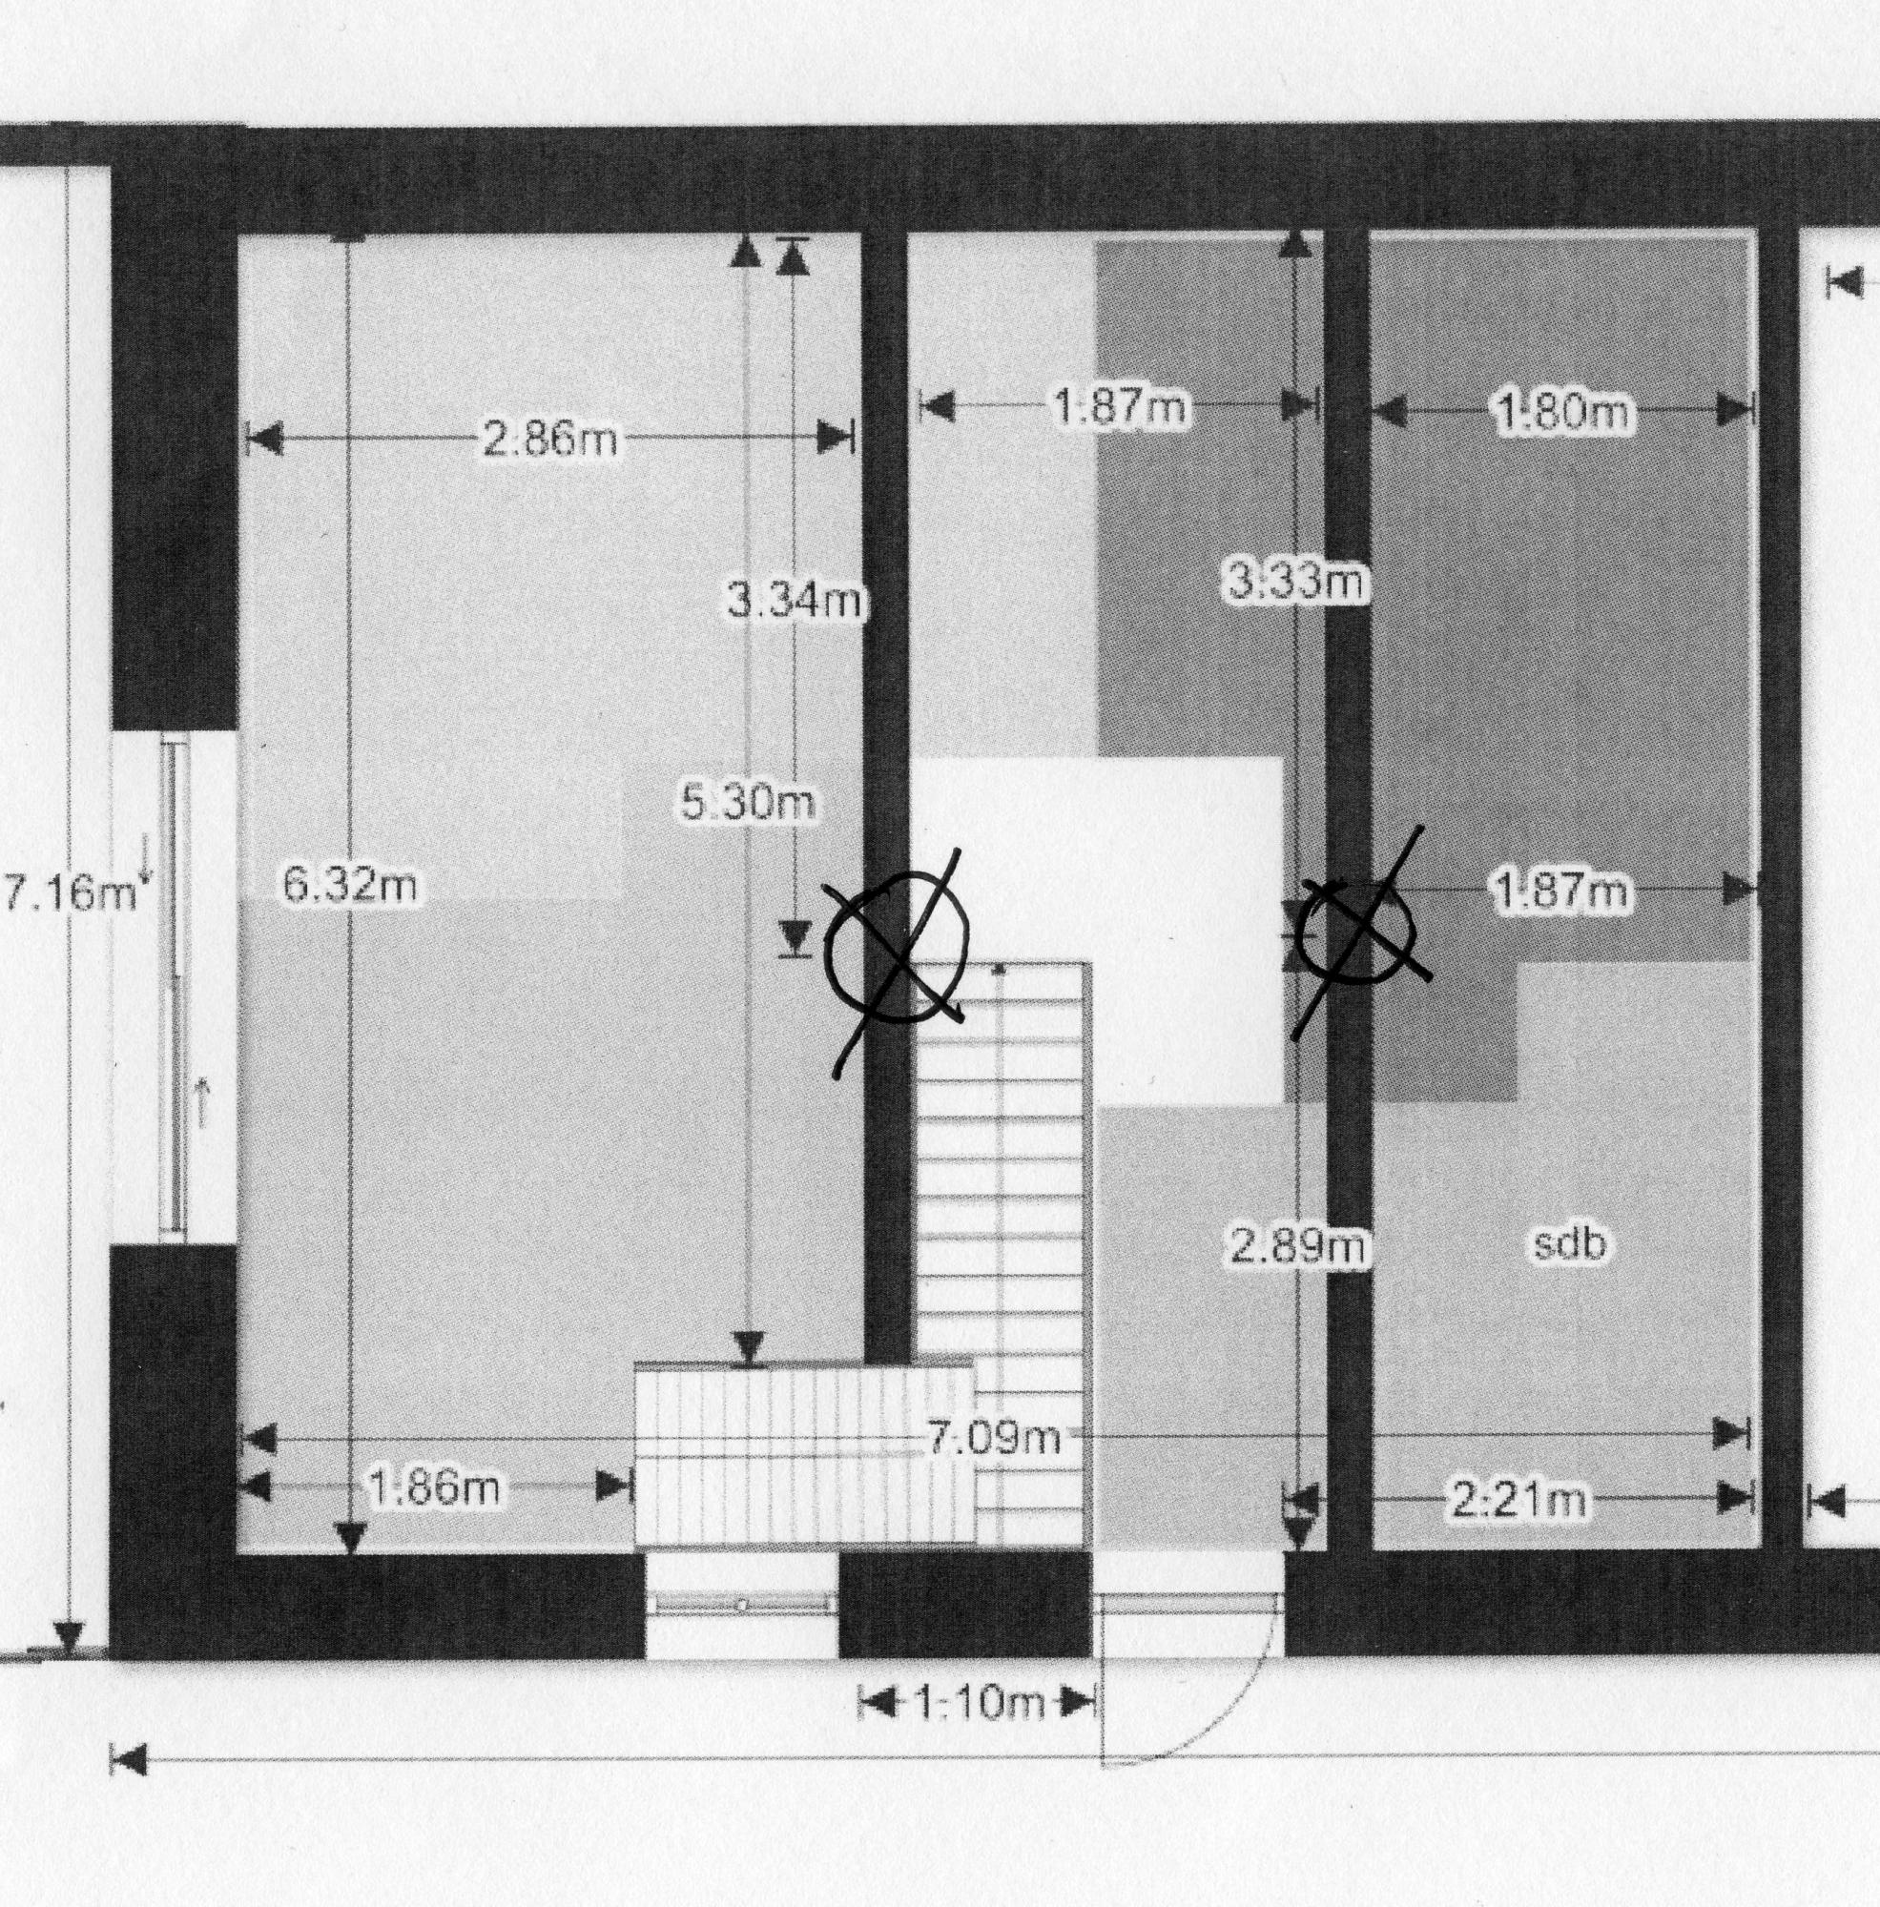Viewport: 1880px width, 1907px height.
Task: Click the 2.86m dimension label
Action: tap(550, 439)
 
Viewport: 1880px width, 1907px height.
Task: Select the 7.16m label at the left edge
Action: tap(69, 894)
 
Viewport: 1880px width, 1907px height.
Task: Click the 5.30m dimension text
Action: tap(748, 804)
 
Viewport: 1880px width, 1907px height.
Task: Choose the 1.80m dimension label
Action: tap(1562, 411)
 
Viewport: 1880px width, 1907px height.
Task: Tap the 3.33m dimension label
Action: tap(1295, 582)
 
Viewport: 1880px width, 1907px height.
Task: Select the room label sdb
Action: tap(1569, 1244)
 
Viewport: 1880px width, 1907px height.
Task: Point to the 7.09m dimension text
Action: tap(993, 1437)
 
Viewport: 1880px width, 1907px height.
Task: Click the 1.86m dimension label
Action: tap(433, 1487)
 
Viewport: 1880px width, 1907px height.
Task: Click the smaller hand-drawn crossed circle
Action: tap(1357, 930)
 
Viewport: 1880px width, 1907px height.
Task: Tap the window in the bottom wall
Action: tap(741, 1606)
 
